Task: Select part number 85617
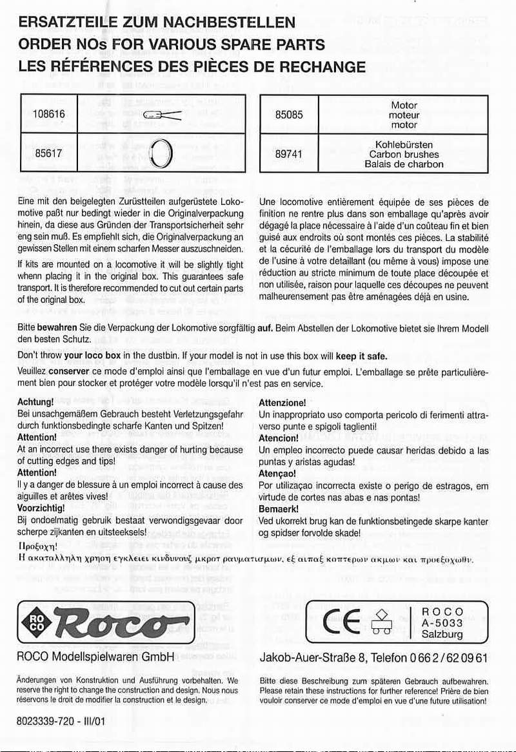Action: pos(48,154)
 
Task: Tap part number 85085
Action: pos(289,115)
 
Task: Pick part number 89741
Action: pos(289,155)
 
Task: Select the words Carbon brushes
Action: pos(404,155)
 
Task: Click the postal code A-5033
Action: pos(442,622)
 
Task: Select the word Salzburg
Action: pos(442,634)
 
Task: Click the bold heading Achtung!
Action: pos(35,402)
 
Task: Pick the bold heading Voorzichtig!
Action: pos(42,507)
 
